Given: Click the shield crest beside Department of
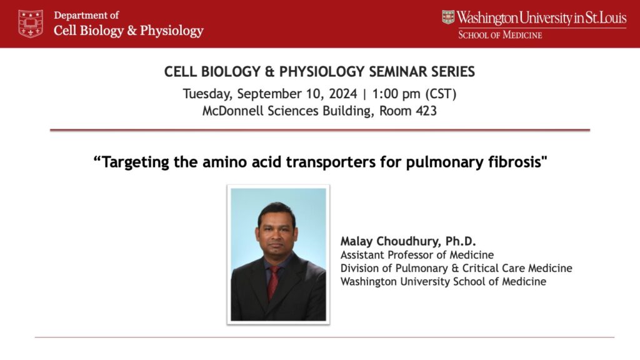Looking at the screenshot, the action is [x=31, y=24].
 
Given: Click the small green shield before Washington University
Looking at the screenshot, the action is [x=448, y=17].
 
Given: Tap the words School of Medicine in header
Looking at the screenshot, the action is [x=500, y=35].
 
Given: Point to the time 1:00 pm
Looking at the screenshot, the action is [x=396, y=94].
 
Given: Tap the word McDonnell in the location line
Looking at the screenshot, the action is [x=233, y=111].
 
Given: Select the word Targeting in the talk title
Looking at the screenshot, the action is [x=135, y=162].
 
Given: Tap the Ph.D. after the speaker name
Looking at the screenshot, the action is [x=461, y=241].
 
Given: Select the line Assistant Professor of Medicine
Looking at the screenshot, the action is [x=417, y=255].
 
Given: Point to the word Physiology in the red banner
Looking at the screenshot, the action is [x=171, y=31].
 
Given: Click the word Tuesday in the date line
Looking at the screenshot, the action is [x=207, y=94].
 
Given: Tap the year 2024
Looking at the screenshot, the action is [x=343, y=94].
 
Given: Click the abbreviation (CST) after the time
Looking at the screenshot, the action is [x=441, y=94].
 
